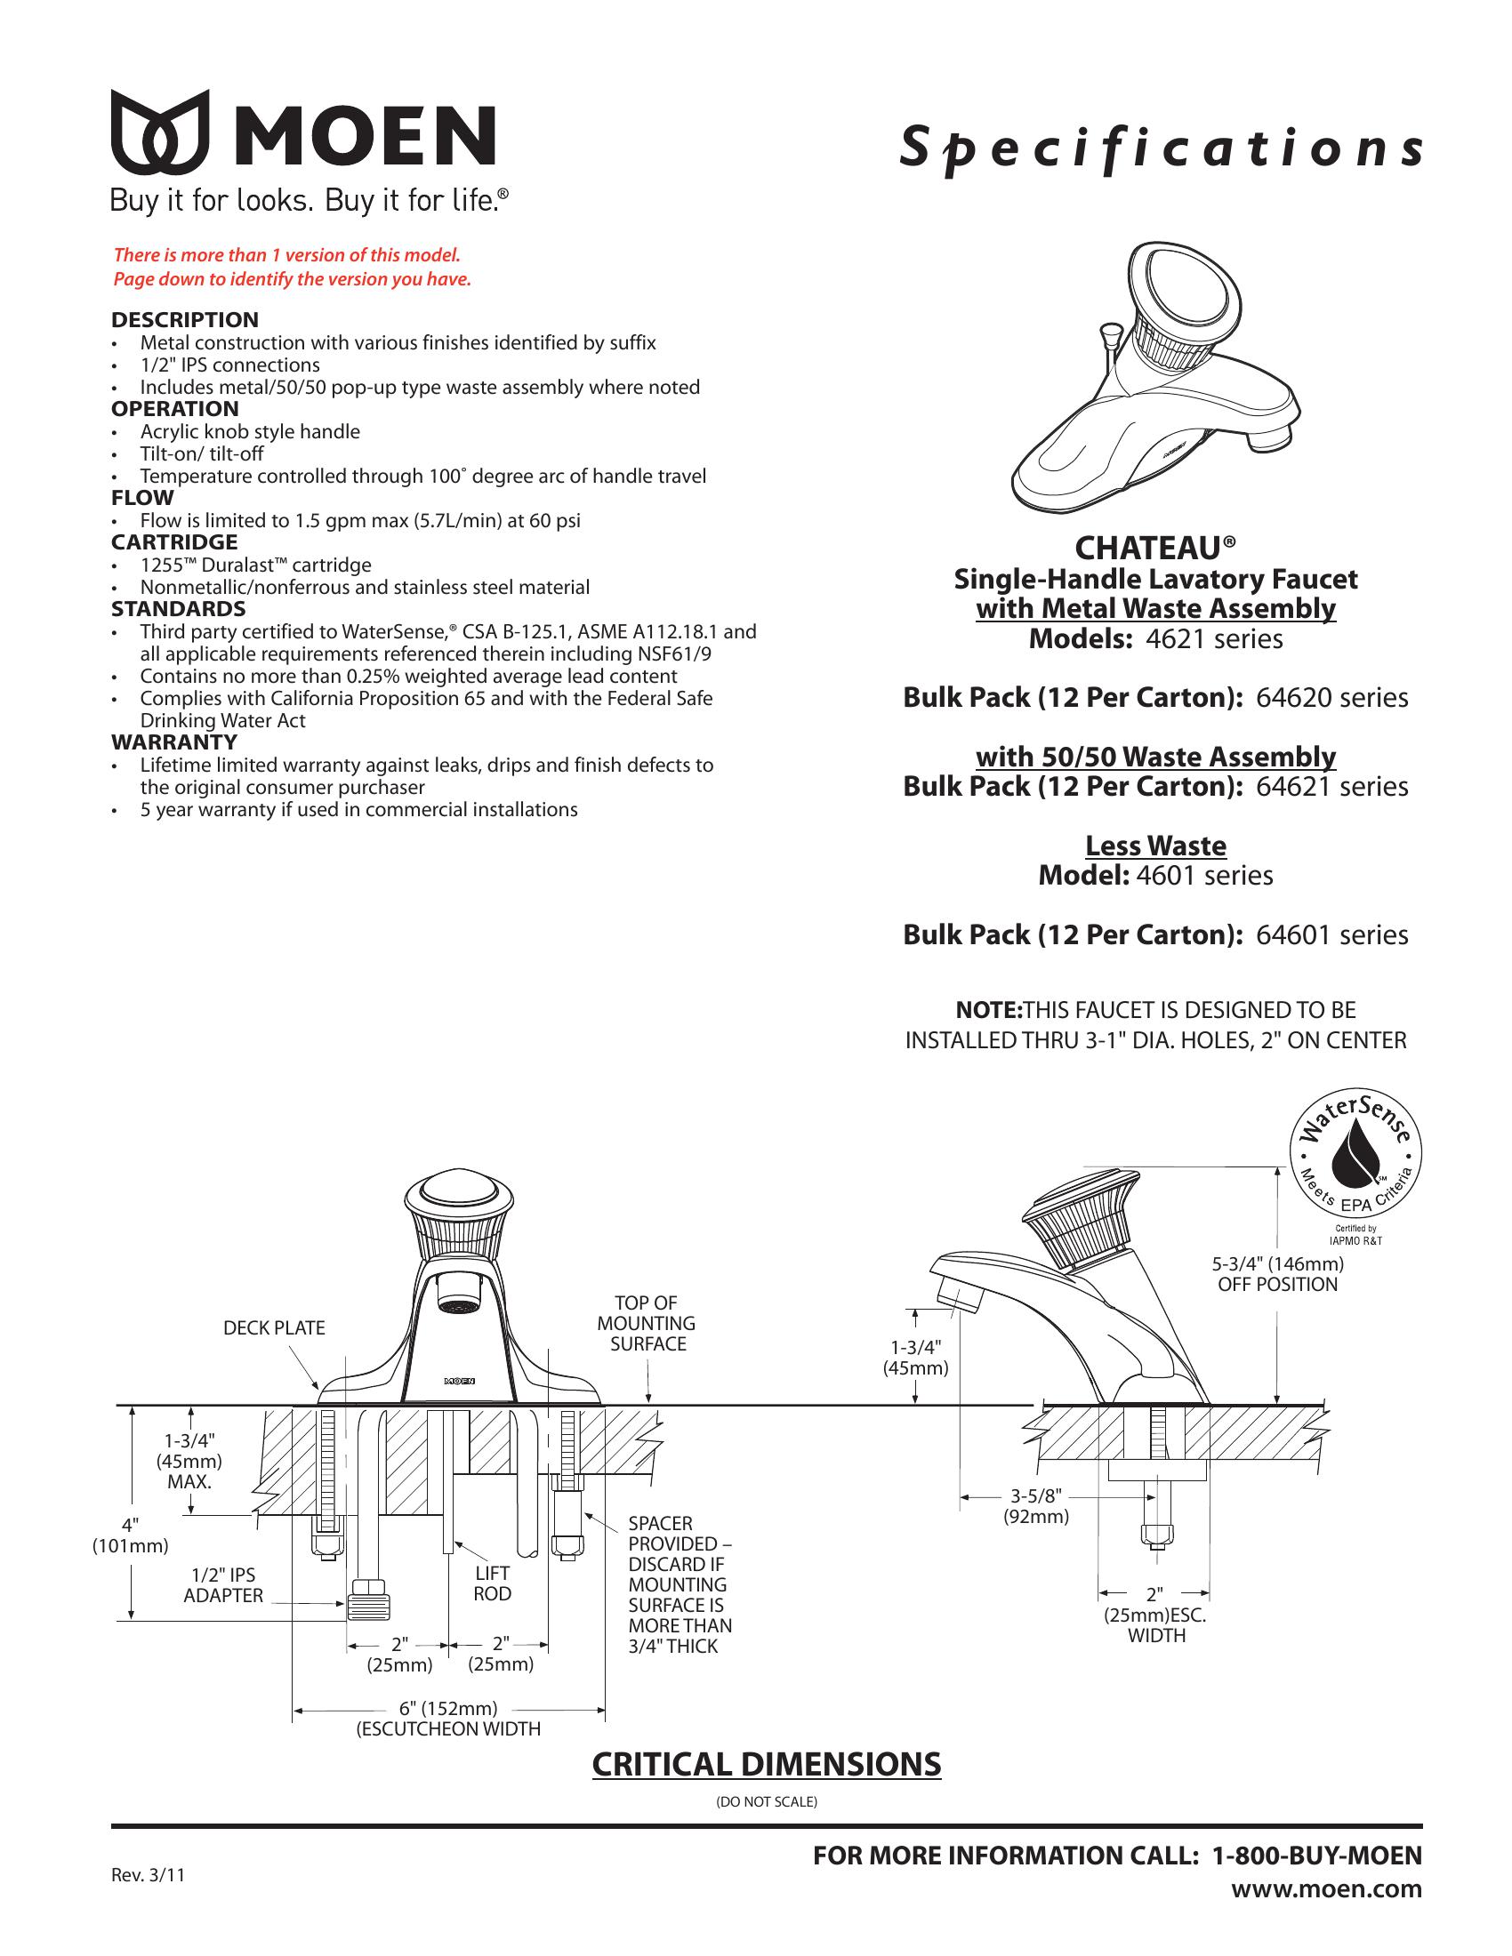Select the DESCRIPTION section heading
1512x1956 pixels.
pos(184,320)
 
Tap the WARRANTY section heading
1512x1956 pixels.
pos(173,742)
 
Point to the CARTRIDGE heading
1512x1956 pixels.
pos(173,541)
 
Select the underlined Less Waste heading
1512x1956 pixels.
pos(1155,846)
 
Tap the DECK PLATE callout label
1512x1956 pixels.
pos(274,1327)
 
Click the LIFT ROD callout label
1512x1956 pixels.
pos(492,1583)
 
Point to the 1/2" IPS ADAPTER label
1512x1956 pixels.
pos(223,1584)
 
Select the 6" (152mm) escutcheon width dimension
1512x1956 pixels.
pos(448,1709)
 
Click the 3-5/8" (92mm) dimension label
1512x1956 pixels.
pos(1035,1505)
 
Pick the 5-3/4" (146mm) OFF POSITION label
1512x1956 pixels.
pos(1277,1273)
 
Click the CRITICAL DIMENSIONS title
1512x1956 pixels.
pos(767,1764)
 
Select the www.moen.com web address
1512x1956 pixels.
pos(1326,1889)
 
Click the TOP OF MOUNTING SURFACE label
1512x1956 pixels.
pos(647,1323)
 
